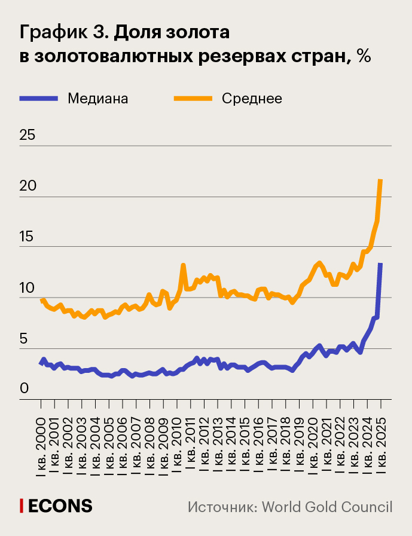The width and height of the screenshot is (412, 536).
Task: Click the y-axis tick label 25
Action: [x=28, y=135]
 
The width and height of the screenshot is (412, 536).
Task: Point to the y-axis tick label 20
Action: [x=28, y=186]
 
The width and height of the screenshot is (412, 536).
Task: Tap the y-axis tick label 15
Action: [x=28, y=237]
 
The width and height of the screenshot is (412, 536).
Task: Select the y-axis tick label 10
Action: [x=28, y=287]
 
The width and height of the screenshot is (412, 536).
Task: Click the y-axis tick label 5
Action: [x=25, y=338]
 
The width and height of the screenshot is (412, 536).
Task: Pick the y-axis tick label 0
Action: [x=25, y=389]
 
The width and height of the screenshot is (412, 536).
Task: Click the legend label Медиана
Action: [x=98, y=99]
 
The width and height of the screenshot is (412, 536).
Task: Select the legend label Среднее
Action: [x=252, y=99]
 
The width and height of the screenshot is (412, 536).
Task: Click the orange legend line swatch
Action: [x=193, y=99]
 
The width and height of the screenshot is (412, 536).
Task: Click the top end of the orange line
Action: [x=381, y=180]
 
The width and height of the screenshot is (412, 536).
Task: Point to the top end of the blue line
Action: [x=380, y=264]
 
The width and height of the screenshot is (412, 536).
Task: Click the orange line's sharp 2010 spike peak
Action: [x=183, y=265]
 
